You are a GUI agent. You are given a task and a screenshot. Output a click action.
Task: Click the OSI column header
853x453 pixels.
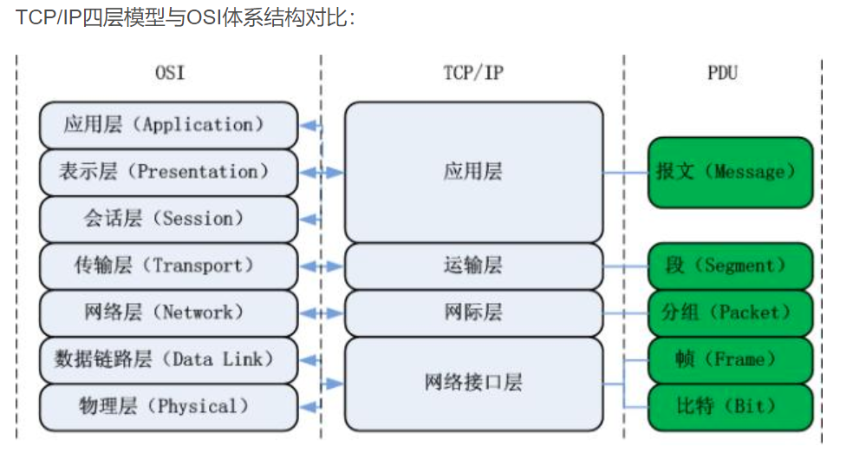(x=170, y=72)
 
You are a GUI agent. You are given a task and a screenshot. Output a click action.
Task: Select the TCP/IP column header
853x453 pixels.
(x=473, y=72)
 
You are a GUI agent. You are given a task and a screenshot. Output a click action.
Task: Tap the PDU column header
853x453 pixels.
(x=722, y=72)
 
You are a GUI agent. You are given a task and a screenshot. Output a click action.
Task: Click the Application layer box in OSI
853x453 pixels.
(x=169, y=125)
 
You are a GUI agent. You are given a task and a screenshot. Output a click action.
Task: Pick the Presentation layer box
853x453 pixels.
(x=169, y=172)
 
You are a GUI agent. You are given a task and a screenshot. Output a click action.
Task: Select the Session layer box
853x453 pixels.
(x=169, y=219)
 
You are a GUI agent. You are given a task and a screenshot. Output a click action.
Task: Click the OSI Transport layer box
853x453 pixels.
(x=169, y=266)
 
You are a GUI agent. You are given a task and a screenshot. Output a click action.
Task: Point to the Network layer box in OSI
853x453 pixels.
(x=169, y=312)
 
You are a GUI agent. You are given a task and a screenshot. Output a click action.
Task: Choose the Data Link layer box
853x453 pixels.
(x=169, y=360)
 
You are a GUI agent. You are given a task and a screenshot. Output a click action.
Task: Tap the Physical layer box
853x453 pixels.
(x=169, y=407)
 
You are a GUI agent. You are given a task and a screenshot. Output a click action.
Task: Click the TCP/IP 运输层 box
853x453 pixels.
(x=474, y=266)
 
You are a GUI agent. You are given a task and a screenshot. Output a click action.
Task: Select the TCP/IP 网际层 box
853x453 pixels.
(x=474, y=312)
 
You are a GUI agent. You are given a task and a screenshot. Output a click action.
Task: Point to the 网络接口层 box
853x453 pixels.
(x=474, y=384)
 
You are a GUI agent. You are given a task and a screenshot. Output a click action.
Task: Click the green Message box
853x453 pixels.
(x=730, y=173)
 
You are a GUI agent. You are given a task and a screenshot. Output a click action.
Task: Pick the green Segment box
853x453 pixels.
(x=730, y=266)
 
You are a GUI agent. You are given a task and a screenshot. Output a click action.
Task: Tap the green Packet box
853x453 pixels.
(x=730, y=312)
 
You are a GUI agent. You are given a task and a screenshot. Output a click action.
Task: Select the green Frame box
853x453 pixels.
(x=730, y=360)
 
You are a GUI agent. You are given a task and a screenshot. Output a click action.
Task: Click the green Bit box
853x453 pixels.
(x=730, y=407)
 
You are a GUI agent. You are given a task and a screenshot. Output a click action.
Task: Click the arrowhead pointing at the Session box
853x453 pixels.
(x=307, y=220)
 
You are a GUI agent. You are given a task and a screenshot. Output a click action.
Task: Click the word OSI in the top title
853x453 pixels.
(x=204, y=17)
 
